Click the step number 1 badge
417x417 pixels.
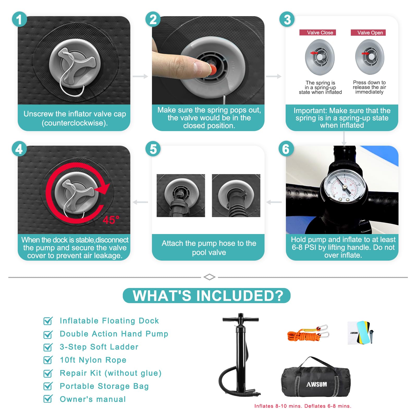point(19,19)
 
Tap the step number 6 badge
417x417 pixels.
point(286,149)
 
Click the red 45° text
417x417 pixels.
point(111,220)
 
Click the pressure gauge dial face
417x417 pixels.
point(344,188)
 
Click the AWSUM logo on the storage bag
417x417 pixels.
point(316,384)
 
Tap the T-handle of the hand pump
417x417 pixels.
point(241,319)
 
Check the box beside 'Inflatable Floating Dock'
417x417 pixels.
point(48,321)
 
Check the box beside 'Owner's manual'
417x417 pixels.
point(48,399)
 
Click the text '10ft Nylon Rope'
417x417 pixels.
point(93,360)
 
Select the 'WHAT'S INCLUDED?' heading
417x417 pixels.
point(208,296)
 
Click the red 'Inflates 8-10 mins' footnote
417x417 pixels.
point(278,406)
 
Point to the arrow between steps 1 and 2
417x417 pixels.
point(140,76)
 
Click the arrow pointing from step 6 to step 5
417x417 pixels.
point(274,202)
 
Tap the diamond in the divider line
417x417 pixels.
point(209,277)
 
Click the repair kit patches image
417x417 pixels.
point(361,333)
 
